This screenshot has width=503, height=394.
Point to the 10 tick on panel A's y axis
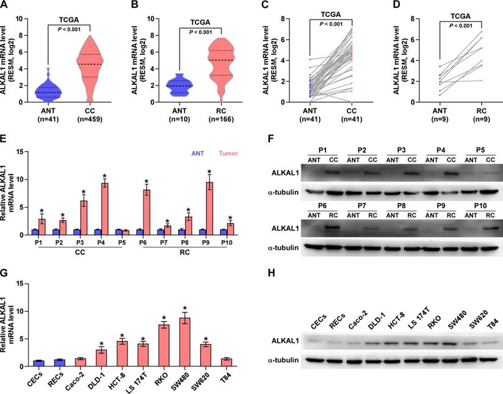tap(20, 18)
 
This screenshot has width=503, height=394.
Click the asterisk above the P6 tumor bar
tap(147, 182)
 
